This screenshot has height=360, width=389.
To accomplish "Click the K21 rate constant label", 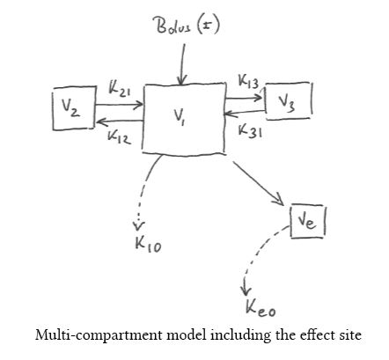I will click(120, 88).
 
